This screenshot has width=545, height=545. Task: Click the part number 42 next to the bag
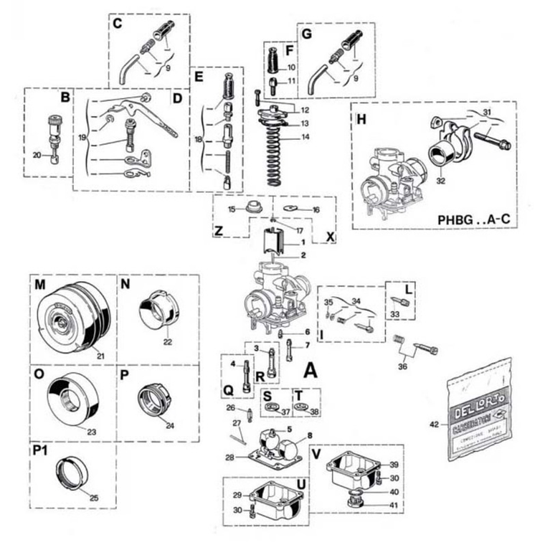[433, 425]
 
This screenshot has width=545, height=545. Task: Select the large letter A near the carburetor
[311, 370]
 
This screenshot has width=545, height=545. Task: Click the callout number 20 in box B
[37, 155]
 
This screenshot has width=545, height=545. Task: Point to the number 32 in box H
[440, 181]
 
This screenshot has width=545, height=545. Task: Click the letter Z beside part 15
[219, 232]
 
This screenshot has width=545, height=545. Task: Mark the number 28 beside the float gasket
[229, 458]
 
